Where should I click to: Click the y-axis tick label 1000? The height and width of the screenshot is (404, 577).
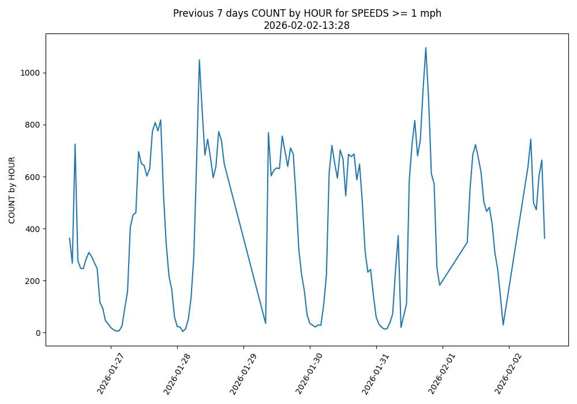pyautogui.click(x=30, y=73)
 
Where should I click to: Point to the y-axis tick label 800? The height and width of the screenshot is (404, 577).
pyautogui.click(x=32, y=125)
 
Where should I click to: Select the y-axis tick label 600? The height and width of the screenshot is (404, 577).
pyautogui.click(x=32, y=177)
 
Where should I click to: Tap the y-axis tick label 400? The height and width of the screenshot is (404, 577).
pyautogui.click(x=32, y=229)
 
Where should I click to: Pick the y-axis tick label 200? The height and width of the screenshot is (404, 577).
pyautogui.click(x=32, y=281)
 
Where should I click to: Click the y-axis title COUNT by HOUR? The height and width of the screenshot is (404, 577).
pyautogui.click(x=12, y=190)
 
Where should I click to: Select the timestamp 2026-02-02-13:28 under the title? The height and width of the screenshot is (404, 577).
pyautogui.click(x=307, y=25)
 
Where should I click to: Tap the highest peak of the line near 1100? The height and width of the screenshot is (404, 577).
pyautogui.click(x=426, y=48)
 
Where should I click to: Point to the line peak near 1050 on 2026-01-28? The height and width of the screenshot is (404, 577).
pyautogui.click(x=199, y=60)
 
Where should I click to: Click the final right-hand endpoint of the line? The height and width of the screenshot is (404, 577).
pyautogui.click(x=544, y=238)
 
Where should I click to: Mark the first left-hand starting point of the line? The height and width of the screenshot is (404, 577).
pyautogui.click(x=69, y=238)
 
